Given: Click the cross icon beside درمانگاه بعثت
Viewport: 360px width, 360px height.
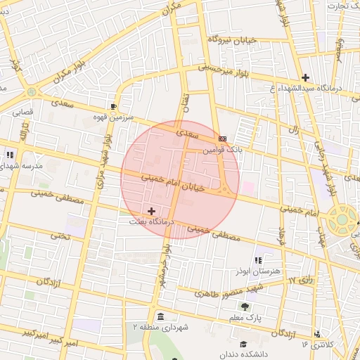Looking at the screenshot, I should click(x=152, y=210).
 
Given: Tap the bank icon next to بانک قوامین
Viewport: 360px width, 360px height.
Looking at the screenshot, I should click(x=222, y=139).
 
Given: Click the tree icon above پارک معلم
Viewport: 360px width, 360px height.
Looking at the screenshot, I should click(x=244, y=307).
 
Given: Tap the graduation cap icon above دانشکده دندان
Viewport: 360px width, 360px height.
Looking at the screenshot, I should click(x=243, y=344).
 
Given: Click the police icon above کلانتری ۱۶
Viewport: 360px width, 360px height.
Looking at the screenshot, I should click(x=318, y=333).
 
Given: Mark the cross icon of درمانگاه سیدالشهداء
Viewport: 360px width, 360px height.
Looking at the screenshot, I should click(x=304, y=77).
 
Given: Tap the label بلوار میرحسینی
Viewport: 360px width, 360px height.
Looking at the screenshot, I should click(x=224, y=70).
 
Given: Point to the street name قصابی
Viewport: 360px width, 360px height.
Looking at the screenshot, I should click(x=20, y=111).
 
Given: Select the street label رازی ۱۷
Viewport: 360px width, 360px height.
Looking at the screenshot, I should click(x=301, y=281).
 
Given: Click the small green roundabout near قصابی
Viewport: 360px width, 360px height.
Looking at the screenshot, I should click(x=31, y=92).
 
